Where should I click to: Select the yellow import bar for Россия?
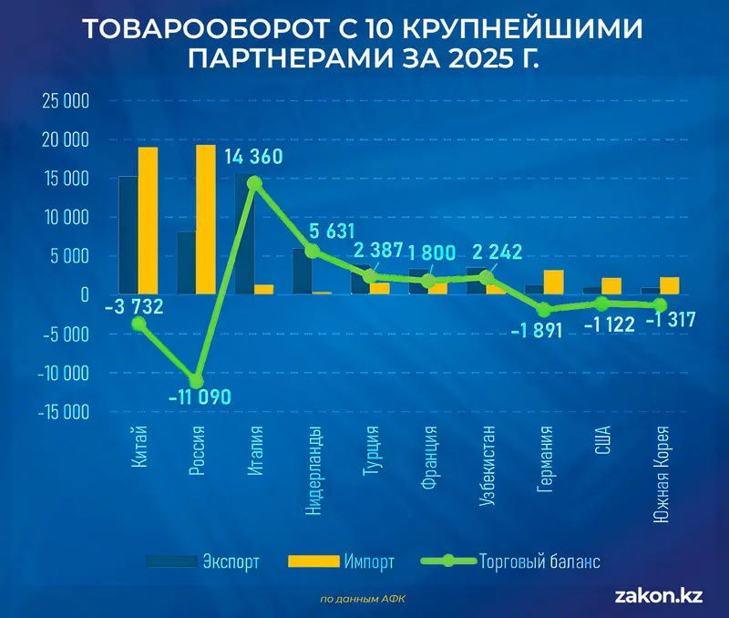point(206,220)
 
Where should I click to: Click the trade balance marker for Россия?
point(196,380)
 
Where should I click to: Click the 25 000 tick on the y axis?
point(65,101)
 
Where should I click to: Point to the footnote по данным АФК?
point(364,599)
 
